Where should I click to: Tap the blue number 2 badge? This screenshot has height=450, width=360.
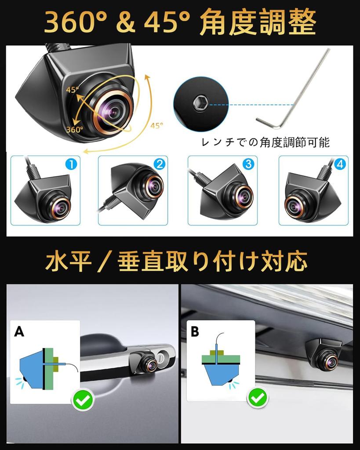(x=159, y=164)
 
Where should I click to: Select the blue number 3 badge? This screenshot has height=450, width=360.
(x=248, y=164)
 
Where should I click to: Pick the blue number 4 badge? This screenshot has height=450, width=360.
(x=339, y=164)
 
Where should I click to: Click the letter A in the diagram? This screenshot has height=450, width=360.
(x=19, y=331)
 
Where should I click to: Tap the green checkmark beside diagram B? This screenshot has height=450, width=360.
(x=258, y=398)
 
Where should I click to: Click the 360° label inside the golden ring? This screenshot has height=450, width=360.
(x=75, y=130)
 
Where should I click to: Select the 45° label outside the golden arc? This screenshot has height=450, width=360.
(x=156, y=126)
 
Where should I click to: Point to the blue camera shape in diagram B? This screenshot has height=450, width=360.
(x=219, y=375)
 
